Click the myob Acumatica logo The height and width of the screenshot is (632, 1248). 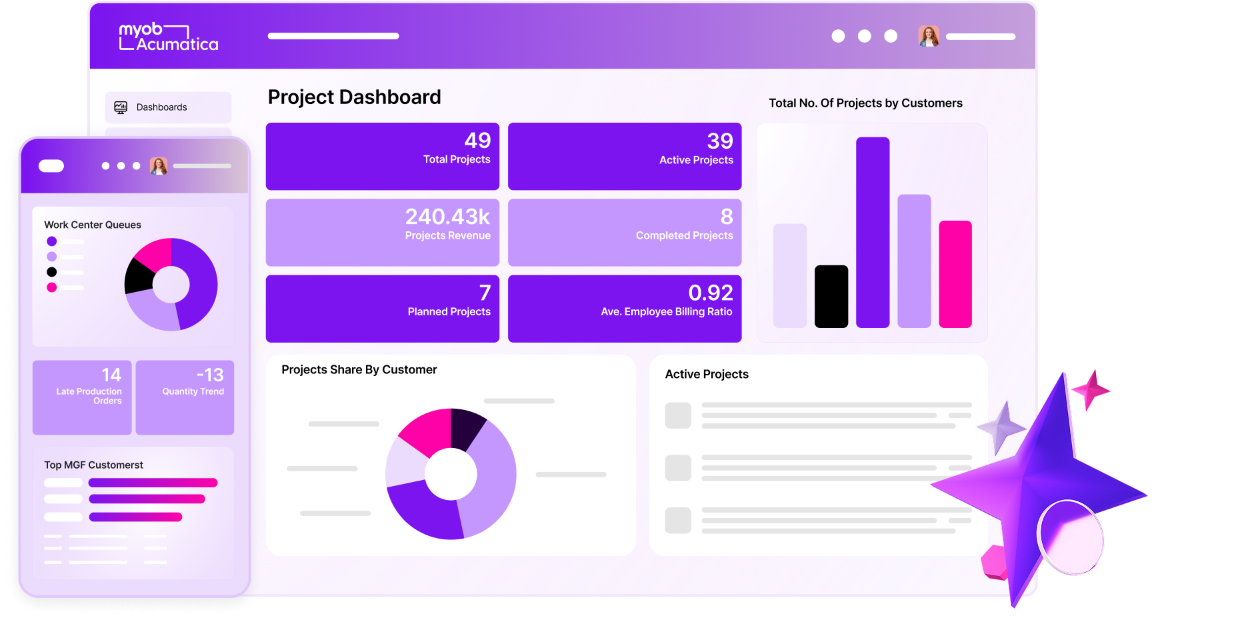(168, 37)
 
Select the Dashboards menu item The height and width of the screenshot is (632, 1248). (162, 107)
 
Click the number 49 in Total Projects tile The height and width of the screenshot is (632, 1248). (477, 140)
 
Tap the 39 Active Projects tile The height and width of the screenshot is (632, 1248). (625, 156)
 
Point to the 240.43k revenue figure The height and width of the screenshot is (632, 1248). (447, 217)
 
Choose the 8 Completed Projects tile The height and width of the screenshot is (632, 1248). (625, 232)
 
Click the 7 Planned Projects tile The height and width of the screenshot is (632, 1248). (383, 309)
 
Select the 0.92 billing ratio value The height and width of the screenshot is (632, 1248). (710, 293)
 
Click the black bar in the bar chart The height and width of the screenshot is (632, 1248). (831, 297)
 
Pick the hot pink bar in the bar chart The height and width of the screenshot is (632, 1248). (955, 274)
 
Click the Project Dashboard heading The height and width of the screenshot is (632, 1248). (354, 97)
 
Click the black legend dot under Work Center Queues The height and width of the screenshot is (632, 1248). (52, 272)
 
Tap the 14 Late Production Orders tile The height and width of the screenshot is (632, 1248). (82, 397)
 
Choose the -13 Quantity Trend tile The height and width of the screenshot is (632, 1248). (185, 397)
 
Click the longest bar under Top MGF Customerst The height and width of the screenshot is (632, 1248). (153, 483)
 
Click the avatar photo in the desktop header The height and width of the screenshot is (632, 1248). (928, 36)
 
